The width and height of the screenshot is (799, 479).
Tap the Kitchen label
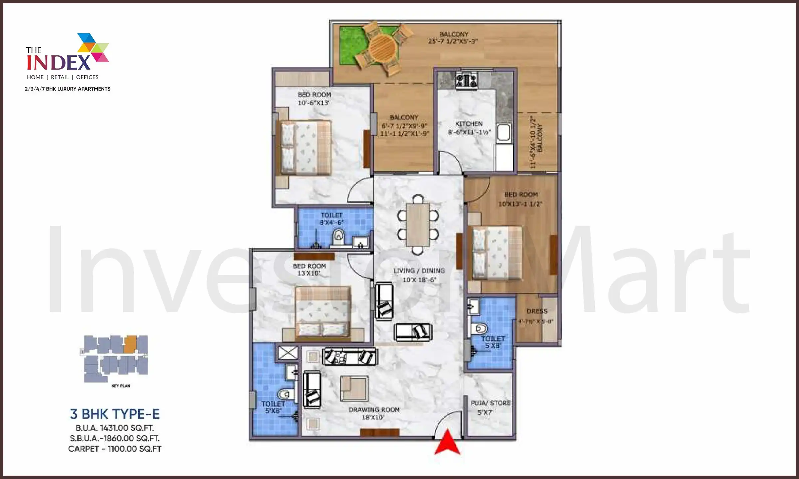pos(469,124)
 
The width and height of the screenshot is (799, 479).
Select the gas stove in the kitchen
pos(467,80)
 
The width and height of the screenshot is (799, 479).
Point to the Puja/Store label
pos(490,403)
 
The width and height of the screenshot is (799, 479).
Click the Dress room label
pos(537,311)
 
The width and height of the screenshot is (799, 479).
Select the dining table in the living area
pos(418,225)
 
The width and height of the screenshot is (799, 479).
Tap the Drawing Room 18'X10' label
pos(374,413)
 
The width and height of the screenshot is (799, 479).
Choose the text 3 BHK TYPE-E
pos(115,414)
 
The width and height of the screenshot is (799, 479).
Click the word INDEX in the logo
pos(59,62)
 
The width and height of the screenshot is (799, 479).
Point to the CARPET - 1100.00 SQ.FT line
pos(115,449)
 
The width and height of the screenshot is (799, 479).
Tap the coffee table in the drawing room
pos(354,389)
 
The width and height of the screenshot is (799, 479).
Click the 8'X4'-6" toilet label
pos(332,222)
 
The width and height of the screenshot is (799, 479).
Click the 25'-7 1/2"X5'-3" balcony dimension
pos(453,41)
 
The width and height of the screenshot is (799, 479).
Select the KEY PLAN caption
pos(121,386)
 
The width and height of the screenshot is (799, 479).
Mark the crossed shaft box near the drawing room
pos(288,353)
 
